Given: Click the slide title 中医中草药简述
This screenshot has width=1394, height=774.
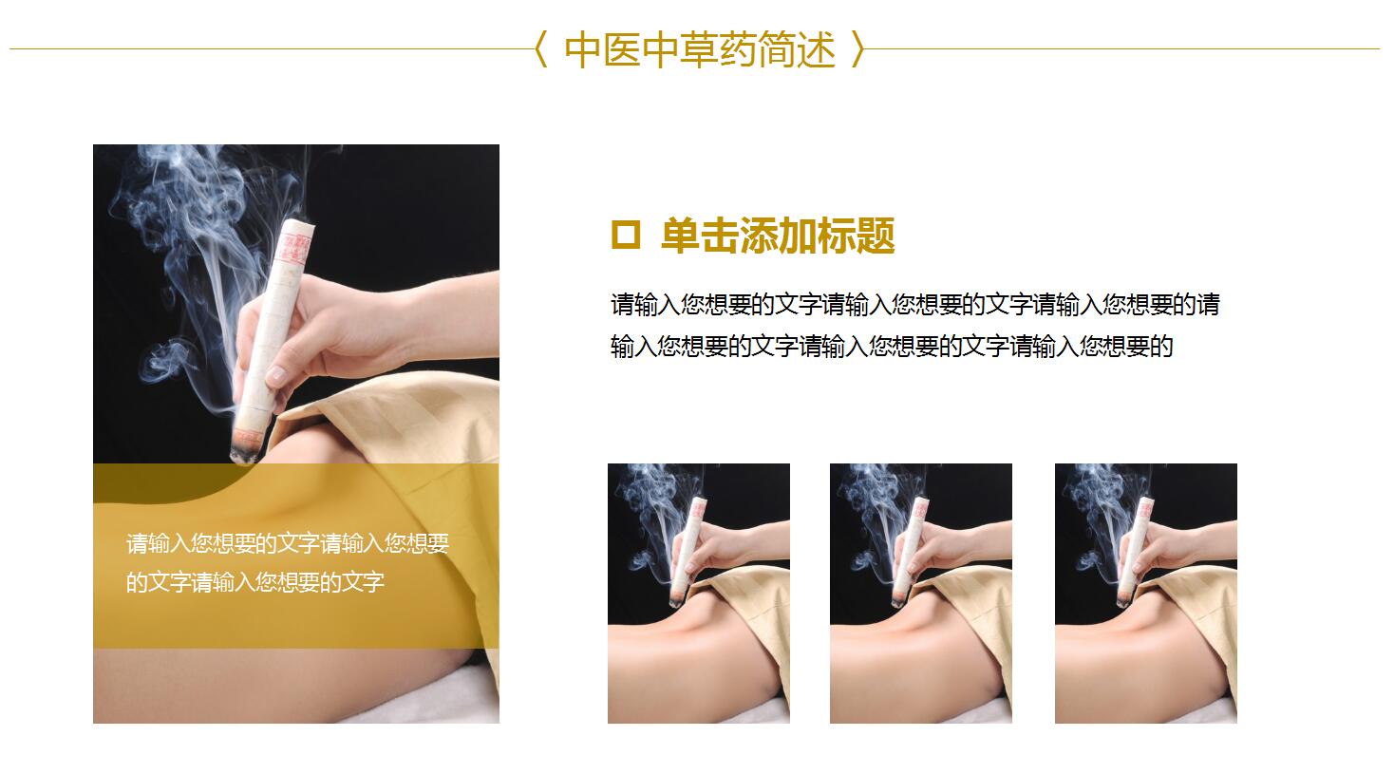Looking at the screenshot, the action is (700, 49).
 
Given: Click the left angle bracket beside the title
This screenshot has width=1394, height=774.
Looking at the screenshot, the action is (540, 49).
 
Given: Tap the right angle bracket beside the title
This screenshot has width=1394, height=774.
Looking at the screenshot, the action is (858, 49).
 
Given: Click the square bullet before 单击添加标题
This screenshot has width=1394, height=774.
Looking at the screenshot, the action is (626, 235).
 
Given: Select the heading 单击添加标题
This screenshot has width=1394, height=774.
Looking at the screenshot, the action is (778, 236).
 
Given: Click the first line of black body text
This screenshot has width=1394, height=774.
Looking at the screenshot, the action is (914, 305).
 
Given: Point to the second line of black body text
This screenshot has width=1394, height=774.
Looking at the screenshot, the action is (891, 347).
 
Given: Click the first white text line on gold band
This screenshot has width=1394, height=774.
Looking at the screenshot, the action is (288, 544).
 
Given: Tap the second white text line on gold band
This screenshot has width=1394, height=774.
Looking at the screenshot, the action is (255, 582).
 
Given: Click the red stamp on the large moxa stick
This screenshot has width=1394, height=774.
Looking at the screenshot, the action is (294, 243).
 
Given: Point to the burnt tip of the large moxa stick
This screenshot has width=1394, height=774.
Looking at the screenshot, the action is (244, 454).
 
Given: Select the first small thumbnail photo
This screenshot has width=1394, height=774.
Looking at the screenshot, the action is (699, 593).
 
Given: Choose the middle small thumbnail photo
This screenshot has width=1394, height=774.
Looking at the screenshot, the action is (921, 593).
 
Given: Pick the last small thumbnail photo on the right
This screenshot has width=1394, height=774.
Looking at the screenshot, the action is (1146, 593).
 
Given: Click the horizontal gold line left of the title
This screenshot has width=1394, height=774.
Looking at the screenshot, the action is (272, 48).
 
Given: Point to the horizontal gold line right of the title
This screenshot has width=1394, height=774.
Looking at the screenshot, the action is (1122, 48).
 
